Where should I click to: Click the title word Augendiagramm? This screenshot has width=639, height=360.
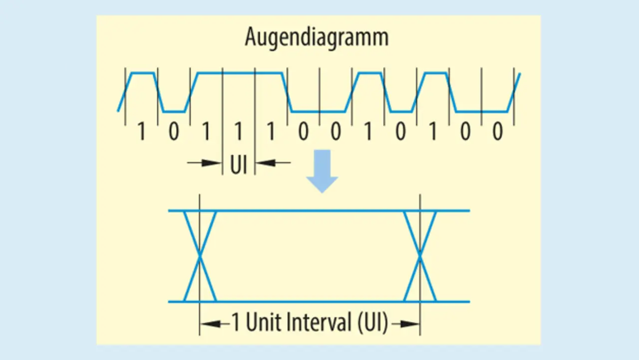click(317, 37)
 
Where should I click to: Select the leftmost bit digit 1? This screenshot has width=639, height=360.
click(141, 132)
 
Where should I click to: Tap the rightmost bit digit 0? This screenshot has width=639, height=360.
click(497, 132)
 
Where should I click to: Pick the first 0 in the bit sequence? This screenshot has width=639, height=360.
click(173, 132)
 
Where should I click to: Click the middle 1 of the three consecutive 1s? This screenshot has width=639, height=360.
click(239, 132)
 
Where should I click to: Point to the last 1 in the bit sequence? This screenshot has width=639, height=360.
click(432, 132)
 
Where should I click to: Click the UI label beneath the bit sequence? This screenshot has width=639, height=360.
click(239, 165)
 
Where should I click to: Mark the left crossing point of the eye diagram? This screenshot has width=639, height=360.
click(200, 256)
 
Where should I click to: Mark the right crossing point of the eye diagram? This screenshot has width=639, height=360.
click(420, 256)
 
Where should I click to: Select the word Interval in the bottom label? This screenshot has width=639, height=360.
click(319, 323)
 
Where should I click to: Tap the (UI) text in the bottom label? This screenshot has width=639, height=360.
click(372, 323)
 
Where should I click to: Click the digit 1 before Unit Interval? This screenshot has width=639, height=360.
click(236, 324)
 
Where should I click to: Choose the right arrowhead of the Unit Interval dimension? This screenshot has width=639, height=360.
click(411, 324)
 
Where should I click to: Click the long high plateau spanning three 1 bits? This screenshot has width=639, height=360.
click(240, 73)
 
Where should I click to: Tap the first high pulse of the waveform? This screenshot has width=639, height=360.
click(142, 73)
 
